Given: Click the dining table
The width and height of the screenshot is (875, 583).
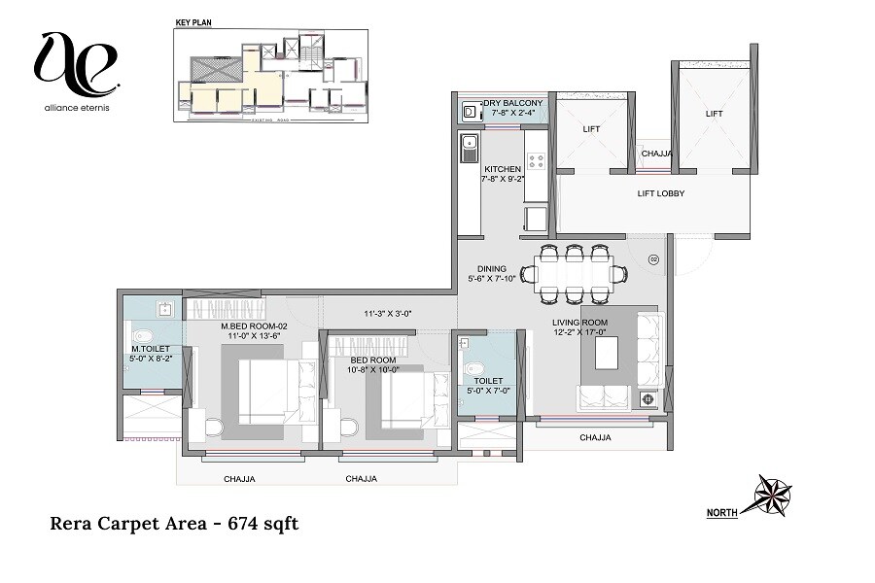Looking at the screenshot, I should click(576, 274).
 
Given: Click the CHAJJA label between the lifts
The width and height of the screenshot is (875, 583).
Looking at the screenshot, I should click(657, 154).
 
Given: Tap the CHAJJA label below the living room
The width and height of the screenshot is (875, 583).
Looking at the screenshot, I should click(595, 437).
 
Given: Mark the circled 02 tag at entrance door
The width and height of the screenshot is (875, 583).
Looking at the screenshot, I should click(654, 258).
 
